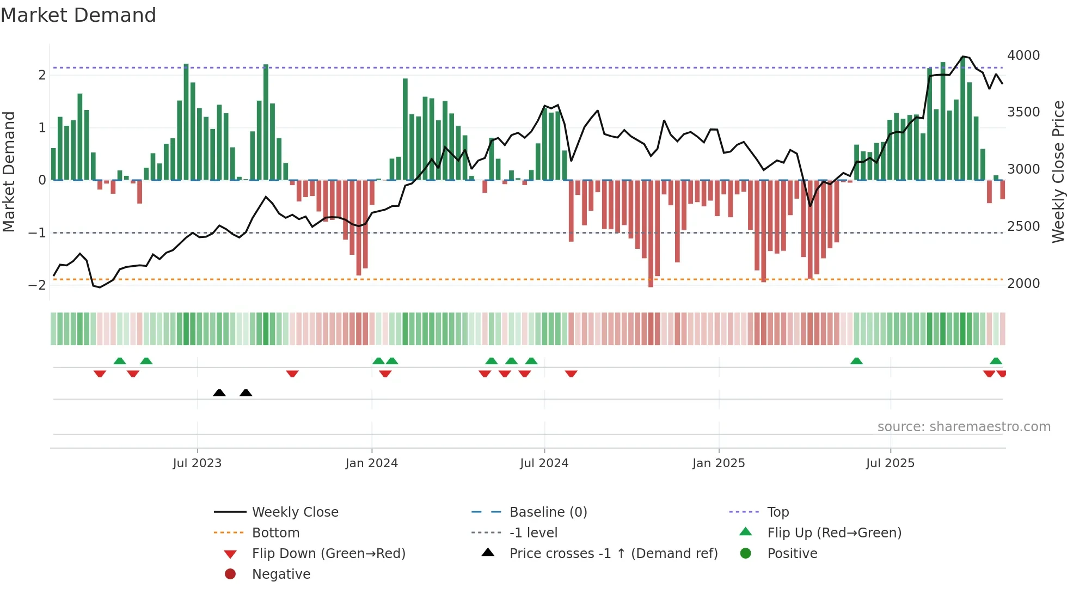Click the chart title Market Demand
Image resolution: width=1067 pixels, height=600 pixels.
(78, 15)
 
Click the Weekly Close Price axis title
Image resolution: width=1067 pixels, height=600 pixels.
(1058, 172)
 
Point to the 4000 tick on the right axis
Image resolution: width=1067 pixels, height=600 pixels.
(1023, 56)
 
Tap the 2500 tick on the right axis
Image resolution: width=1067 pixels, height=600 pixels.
(1023, 226)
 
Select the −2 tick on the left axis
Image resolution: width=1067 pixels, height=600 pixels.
(38, 285)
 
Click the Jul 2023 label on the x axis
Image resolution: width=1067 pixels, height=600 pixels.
(197, 463)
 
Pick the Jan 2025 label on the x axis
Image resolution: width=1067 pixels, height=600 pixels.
(719, 463)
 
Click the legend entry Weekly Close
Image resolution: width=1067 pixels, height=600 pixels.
(295, 512)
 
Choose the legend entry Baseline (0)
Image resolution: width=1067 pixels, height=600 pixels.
(548, 512)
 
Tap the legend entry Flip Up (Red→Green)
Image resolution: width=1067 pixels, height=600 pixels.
(834, 533)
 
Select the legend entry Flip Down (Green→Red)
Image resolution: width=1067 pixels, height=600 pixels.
(328, 554)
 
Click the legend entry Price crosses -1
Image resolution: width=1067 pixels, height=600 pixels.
(614, 554)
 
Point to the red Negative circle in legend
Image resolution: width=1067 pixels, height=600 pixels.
(230, 574)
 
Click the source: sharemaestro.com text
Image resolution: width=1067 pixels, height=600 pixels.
(964, 427)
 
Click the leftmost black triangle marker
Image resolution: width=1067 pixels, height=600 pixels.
(219, 393)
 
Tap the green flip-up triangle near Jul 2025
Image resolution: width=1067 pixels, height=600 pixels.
(856, 361)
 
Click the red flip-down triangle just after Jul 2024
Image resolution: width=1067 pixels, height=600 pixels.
(571, 374)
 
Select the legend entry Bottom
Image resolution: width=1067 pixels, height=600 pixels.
(275, 533)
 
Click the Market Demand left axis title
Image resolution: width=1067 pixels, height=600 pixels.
(9, 172)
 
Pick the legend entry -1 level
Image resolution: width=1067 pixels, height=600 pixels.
(533, 533)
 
